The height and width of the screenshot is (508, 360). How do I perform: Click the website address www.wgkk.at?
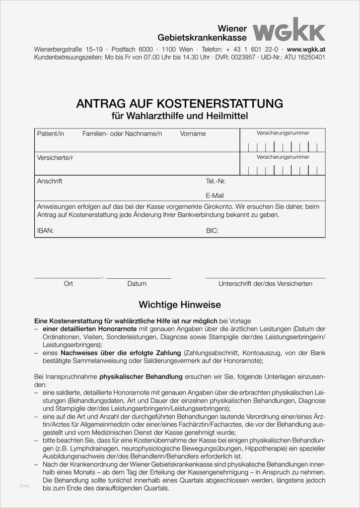306,50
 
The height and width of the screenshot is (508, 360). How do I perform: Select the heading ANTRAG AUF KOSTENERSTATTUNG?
179,104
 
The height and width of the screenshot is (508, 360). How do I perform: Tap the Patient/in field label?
51,134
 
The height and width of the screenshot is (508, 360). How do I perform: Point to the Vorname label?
193,134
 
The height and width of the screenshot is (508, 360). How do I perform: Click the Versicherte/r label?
55,158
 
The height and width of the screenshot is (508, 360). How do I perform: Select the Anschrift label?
50,182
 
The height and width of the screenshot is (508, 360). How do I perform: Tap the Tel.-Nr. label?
216,182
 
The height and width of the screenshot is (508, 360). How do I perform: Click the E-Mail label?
215,195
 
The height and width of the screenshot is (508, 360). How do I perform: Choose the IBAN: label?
45,231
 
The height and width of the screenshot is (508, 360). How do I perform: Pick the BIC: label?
212,231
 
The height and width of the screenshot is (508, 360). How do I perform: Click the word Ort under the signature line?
69,284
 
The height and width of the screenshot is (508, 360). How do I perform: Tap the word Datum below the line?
137,284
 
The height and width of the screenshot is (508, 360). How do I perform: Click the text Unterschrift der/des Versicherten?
265,284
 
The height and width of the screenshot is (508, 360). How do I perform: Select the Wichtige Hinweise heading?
179,305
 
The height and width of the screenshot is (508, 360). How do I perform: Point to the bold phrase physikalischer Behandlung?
141,377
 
